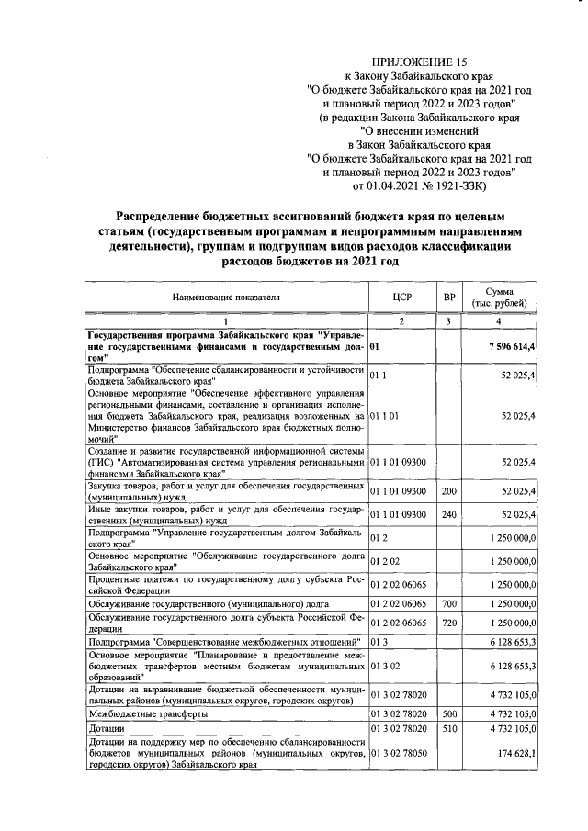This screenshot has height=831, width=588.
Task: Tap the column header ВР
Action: [x=448, y=297]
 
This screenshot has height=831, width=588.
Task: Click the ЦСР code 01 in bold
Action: [x=375, y=348]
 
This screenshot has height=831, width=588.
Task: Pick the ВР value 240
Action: [x=448, y=514]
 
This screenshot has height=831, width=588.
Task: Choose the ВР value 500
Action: [x=448, y=713]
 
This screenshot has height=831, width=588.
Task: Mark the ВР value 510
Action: [x=448, y=728]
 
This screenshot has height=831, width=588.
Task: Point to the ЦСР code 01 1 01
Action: [x=385, y=415]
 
